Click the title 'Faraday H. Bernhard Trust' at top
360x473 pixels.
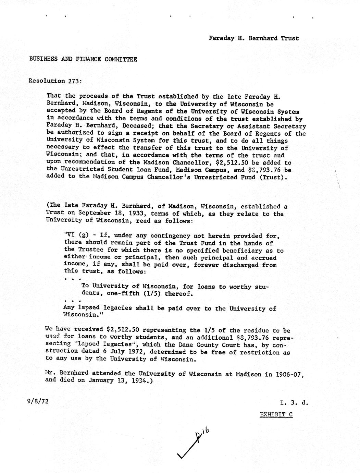[x=254, y=38]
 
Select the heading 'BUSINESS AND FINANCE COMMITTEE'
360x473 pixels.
[x=83, y=59]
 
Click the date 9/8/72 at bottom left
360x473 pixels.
[x=38, y=400]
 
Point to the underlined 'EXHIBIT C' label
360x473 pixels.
[x=276, y=414]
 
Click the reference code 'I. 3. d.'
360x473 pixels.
[x=294, y=403]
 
